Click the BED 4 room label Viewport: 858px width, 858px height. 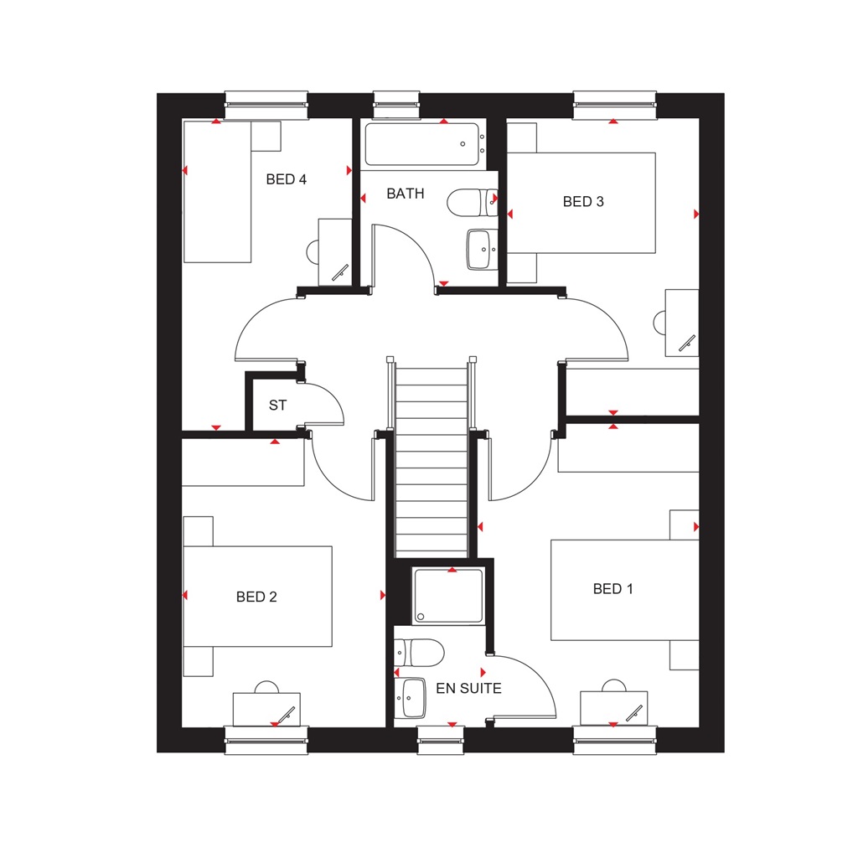tap(286, 179)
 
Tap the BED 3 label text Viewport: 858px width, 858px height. tap(583, 202)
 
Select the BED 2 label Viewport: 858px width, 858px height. tap(256, 597)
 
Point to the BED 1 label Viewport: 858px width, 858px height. tap(613, 589)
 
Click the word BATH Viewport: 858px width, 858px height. tap(405, 194)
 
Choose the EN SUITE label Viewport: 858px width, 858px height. tap(468, 689)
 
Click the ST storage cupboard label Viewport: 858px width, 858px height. tap(277, 406)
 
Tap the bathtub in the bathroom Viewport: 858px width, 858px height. tap(422, 144)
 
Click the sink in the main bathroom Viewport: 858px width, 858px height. tap(481, 250)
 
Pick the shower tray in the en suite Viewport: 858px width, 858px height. tap(448, 596)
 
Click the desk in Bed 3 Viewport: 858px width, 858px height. tap(681, 323)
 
